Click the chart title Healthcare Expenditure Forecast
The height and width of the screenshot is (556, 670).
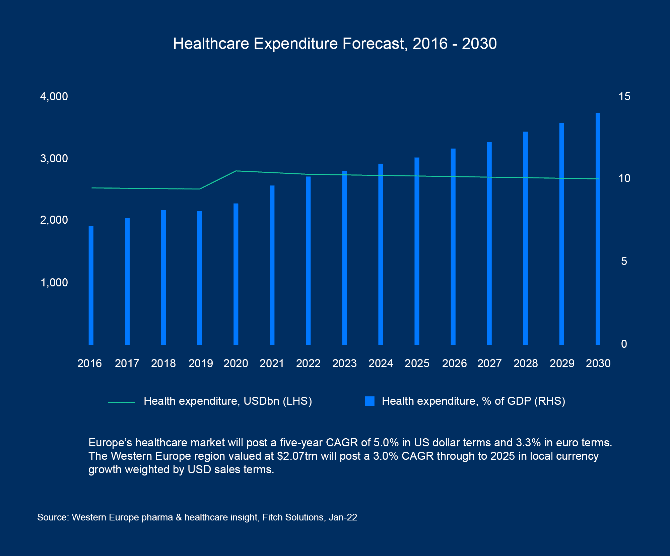(x=334, y=44)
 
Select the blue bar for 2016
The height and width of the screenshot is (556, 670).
(x=91, y=285)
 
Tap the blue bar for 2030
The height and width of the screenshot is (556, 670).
(x=598, y=228)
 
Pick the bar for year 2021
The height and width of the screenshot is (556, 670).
(x=272, y=265)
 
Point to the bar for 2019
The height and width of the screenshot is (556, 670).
(x=200, y=278)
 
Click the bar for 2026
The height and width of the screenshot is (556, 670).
(x=453, y=246)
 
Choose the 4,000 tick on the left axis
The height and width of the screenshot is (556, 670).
(x=54, y=97)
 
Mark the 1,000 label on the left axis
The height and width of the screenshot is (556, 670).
(x=54, y=283)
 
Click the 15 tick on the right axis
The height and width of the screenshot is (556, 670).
(x=624, y=97)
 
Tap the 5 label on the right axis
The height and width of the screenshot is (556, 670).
(x=624, y=261)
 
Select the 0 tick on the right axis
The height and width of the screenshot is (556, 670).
(x=624, y=344)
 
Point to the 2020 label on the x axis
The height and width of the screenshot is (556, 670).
(x=236, y=364)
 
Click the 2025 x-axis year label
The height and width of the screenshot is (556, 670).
(x=417, y=364)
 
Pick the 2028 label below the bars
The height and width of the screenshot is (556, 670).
(x=525, y=364)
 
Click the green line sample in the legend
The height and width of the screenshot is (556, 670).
(x=121, y=402)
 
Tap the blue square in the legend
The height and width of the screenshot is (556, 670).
(x=370, y=401)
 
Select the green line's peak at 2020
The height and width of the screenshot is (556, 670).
(x=236, y=171)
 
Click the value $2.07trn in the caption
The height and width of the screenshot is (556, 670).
(x=297, y=456)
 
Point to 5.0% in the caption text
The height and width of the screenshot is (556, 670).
(x=386, y=443)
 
